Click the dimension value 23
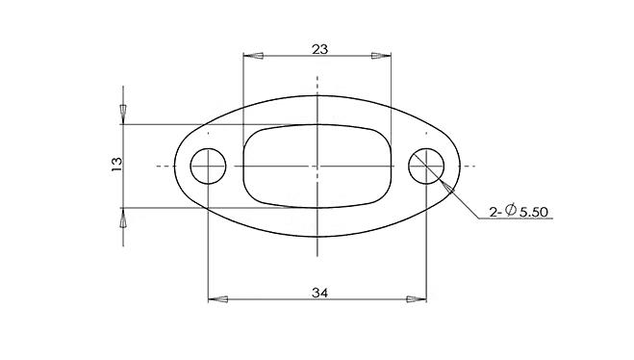319,49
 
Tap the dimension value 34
319,293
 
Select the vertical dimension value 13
116,164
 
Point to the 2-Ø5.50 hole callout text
519,211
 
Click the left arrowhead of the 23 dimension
253,56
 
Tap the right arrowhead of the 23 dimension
381,56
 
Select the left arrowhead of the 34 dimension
218,299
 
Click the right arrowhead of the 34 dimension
417,299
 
